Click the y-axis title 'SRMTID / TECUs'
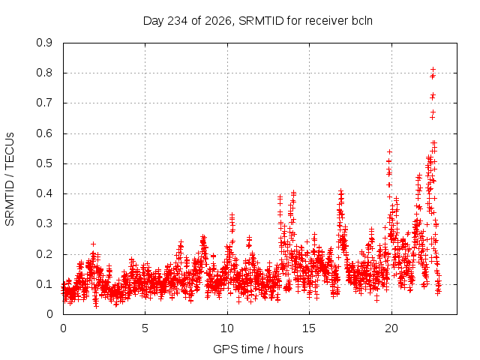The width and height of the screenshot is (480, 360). click(10, 179)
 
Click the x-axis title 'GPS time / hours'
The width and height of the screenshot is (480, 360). click(258, 349)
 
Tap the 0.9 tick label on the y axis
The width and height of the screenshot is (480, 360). click(44, 43)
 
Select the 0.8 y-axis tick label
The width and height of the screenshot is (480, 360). click(44, 73)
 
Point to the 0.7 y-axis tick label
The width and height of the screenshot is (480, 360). click(44, 103)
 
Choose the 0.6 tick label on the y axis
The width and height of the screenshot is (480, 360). click(44, 133)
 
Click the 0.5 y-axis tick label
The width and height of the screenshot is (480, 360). click(44, 163)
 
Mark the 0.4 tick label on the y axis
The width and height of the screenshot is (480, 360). click(44, 193)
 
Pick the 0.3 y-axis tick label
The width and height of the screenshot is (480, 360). click(44, 223)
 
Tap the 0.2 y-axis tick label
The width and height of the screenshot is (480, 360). click(44, 253)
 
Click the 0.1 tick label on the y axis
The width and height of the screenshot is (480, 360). click(44, 283)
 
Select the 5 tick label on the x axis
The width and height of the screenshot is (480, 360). click(145, 328)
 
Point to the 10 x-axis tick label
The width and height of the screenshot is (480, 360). click(227, 328)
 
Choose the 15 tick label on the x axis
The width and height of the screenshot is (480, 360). click(309, 328)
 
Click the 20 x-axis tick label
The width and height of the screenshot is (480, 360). click(391, 328)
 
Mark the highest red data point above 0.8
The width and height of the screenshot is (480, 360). click(433, 70)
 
